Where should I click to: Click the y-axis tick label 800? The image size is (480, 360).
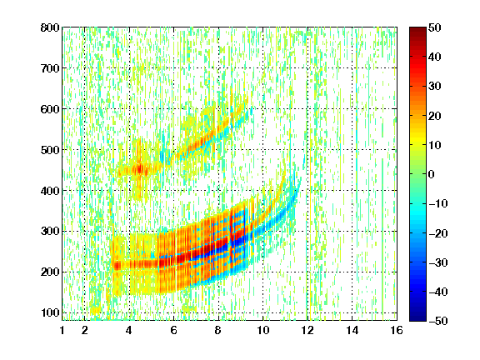(50, 27)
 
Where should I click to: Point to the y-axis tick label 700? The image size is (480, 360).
(50, 68)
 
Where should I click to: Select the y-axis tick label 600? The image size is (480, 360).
(50, 109)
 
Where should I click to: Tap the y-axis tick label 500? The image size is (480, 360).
(50, 150)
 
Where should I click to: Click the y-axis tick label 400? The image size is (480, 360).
(50, 191)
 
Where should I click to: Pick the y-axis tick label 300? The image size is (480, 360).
(50, 231)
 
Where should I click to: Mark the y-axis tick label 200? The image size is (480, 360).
(50, 272)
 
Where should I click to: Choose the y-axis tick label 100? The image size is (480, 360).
(50, 312)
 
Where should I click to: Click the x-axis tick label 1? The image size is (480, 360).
(62, 330)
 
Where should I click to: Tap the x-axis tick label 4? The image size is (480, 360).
(129, 330)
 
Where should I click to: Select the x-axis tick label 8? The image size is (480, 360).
(218, 330)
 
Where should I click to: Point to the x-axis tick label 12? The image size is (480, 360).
(307, 330)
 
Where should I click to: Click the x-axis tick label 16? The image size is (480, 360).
(397, 330)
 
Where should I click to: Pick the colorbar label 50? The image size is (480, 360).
(434, 27)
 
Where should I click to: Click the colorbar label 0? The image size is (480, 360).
(432, 174)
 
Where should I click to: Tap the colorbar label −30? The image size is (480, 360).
(438, 262)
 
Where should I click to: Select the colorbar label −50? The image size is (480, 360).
(438, 321)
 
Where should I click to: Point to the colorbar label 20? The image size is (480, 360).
(434, 116)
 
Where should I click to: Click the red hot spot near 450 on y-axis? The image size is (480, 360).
(140, 168)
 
